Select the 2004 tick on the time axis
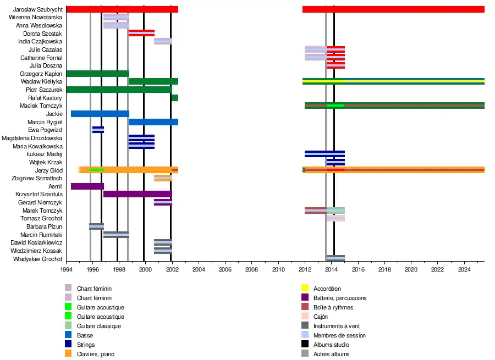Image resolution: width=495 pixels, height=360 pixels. coord(199,269)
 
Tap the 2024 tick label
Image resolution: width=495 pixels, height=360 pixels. coord(464,269)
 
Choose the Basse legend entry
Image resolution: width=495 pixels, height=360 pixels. coord(85,335)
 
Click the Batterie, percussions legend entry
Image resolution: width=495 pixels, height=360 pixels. coord(340,298)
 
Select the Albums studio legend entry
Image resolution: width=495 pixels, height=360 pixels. coord(331,345)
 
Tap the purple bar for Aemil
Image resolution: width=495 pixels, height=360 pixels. coord(87,186)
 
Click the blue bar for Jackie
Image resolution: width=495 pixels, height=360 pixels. coord(100,114)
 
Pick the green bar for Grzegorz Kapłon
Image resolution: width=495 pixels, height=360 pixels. coord(97,74)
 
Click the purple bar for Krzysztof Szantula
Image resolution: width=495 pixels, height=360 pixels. coord(137,194)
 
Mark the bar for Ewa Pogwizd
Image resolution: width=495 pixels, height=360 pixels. coord(98,130)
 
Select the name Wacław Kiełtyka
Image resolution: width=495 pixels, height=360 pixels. coord(41,82)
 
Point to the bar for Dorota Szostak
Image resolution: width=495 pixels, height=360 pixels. coord(141,33)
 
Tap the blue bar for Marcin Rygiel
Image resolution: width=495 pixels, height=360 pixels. coord(153,122)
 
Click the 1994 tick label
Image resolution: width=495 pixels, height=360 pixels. coord(66,269)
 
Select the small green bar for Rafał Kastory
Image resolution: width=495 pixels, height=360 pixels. coord(175,98)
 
